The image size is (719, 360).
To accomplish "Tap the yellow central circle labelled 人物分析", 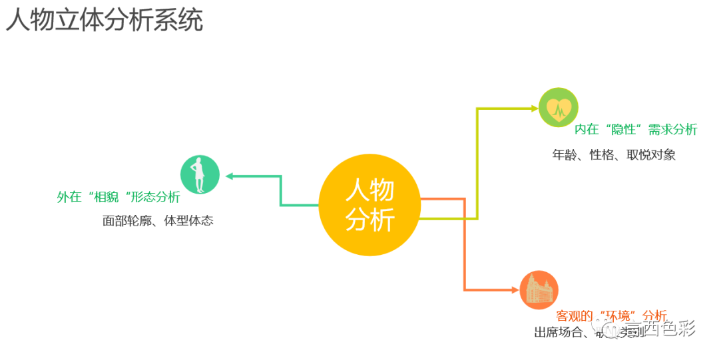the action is (x=369, y=206).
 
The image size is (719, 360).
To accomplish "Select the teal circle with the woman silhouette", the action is (x=200, y=174).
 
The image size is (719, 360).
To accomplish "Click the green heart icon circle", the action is (x=558, y=107).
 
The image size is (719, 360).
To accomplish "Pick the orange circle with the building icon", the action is (x=538, y=290).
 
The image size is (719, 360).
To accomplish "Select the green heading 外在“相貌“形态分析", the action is (x=119, y=198).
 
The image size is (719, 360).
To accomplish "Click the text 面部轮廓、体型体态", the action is (x=158, y=221).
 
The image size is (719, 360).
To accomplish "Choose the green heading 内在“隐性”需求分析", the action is (x=636, y=129).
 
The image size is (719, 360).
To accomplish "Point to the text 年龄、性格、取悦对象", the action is (x=614, y=155).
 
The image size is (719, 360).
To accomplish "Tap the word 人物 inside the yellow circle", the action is (x=369, y=190).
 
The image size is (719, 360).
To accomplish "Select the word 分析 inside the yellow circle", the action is (x=369, y=220).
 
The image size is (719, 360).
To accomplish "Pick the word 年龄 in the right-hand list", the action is (x=565, y=155).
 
